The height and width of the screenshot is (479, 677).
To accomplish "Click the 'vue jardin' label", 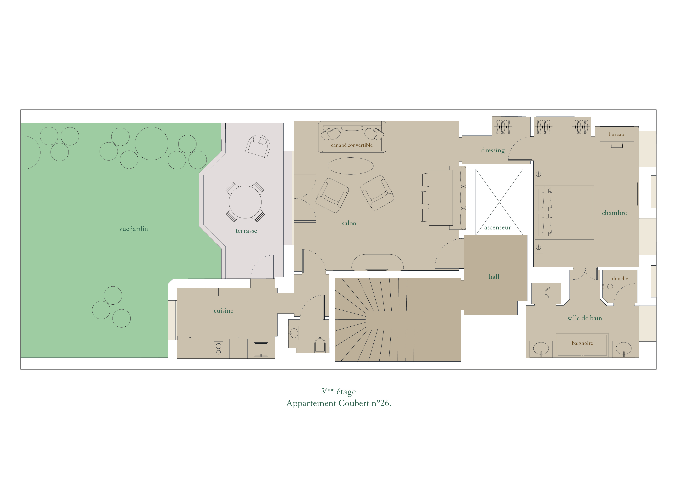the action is coord(133,229).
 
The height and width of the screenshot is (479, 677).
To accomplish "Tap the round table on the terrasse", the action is coord(245,202).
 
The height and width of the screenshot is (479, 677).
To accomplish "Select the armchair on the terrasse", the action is coord(258,146).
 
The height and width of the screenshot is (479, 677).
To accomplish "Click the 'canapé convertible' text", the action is coord(352,145).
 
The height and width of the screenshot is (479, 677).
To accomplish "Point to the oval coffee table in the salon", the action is coord(351,166).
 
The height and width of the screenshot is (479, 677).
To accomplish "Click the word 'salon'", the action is coord(349,223).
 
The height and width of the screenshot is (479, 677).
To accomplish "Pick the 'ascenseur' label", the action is coord(498,228).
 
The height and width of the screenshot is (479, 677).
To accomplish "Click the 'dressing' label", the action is coord(493,150).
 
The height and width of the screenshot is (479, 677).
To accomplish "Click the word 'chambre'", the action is coord(614,213).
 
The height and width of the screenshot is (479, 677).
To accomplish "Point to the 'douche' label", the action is coord(620,279).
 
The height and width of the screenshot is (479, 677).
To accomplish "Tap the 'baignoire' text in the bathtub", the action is coord(582,343).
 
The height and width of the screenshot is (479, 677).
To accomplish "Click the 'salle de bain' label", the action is coord(585,318).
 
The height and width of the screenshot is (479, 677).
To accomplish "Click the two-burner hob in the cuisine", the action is coord(218,349).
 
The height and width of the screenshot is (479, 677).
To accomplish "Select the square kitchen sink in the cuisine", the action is coord(261,350).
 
